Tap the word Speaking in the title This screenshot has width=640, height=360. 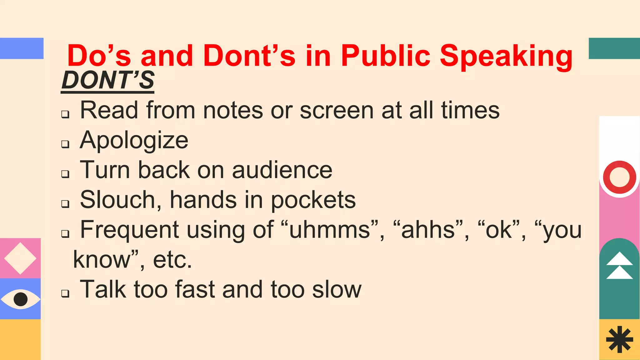click(x=506, y=56)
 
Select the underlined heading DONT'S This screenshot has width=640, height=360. click(x=107, y=80)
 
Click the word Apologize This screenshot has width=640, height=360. click(x=134, y=140)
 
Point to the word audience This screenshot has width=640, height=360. click(x=282, y=170)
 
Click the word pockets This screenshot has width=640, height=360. click(x=313, y=200)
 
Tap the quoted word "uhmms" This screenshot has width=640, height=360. click(x=330, y=230)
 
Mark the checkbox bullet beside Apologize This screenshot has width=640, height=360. click(x=65, y=144)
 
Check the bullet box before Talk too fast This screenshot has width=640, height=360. click(x=65, y=293)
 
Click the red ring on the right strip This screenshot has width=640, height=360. click(x=619, y=177)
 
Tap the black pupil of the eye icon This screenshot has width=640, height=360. click(x=21, y=299)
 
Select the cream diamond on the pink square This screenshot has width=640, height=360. click(x=20, y=258)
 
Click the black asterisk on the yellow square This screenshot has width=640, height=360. click(x=619, y=339)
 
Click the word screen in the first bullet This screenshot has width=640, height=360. click(x=337, y=110)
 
